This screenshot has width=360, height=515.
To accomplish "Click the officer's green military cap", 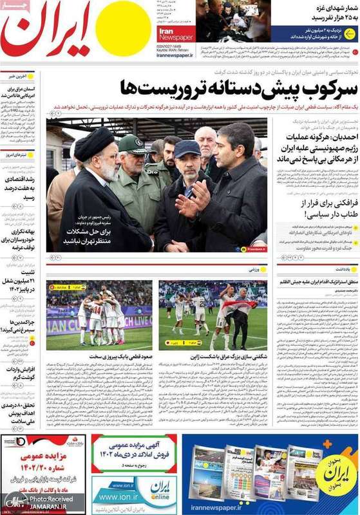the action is (132, 144).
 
